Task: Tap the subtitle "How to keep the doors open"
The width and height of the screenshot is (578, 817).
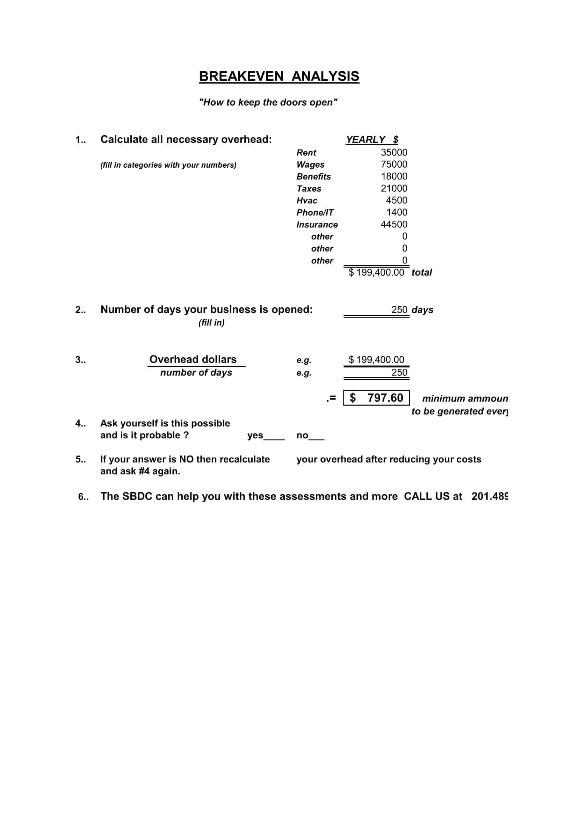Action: (268, 102)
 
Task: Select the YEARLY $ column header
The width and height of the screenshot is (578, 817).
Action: (372, 139)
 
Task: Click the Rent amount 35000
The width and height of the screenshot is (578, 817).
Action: (393, 152)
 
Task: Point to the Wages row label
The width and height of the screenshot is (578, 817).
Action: (310, 165)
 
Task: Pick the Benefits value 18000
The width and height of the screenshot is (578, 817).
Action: (394, 176)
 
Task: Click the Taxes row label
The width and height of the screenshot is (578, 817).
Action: (309, 189)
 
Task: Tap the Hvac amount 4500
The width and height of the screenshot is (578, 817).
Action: (397, 200)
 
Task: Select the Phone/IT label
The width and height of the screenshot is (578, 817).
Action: (315, 212)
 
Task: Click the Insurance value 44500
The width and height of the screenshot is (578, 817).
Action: (393, 224)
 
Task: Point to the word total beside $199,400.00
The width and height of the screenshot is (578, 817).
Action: (421, 272)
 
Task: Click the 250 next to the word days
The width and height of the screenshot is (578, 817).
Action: (399, 309)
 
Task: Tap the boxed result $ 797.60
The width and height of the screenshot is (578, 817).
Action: (376, 398)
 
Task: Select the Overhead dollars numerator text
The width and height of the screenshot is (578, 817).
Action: (193, 359)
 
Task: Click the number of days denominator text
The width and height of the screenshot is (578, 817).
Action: (196, 373)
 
